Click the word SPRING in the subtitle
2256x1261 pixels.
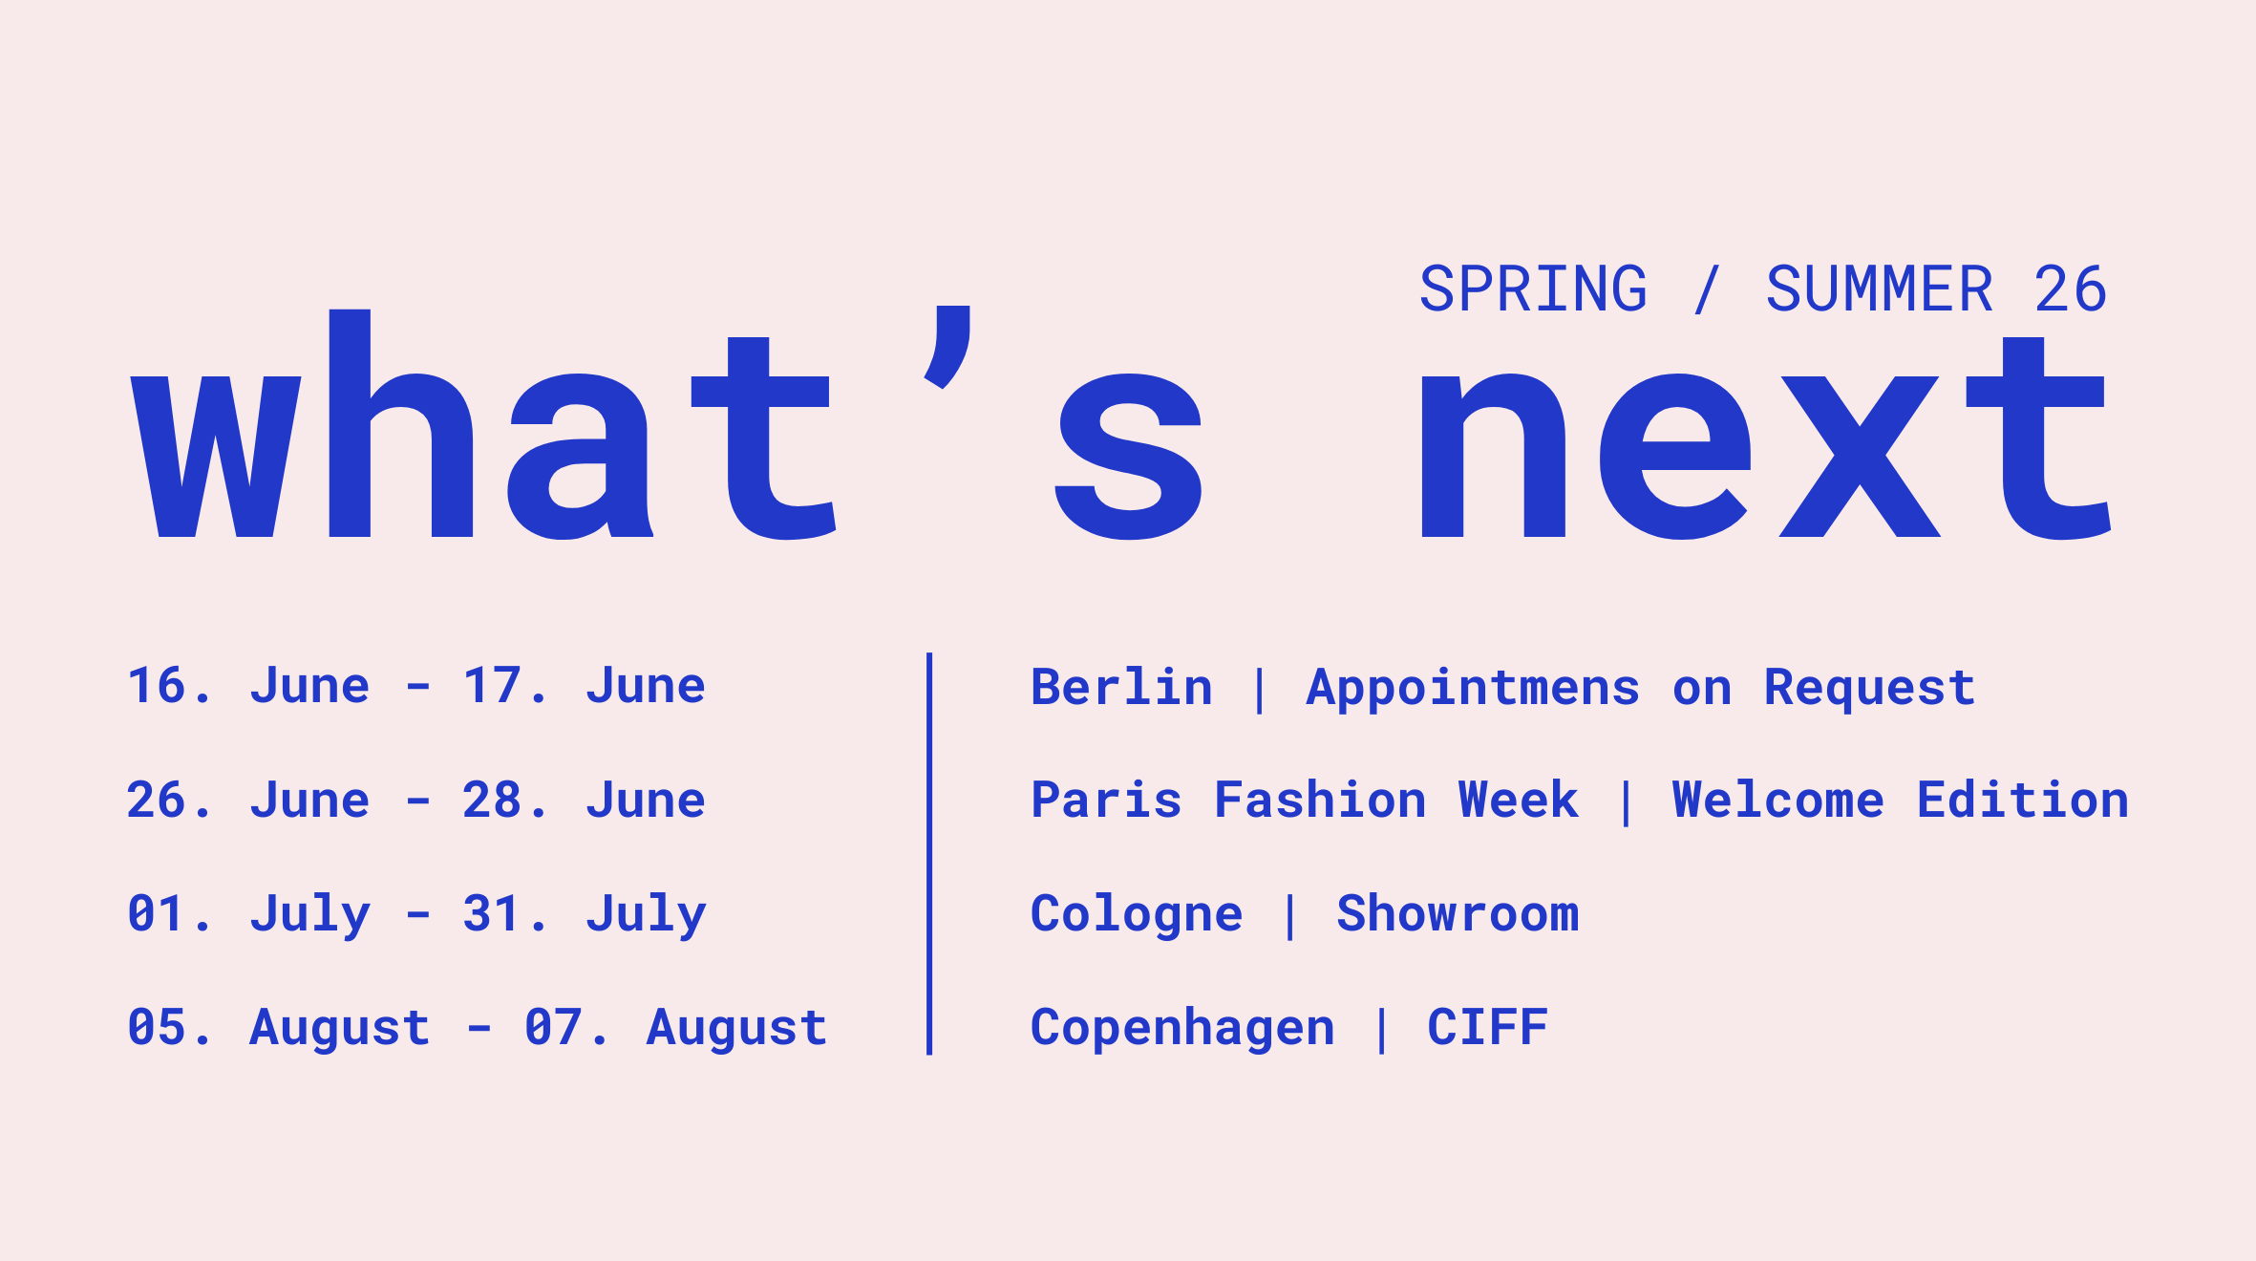(1533, 289)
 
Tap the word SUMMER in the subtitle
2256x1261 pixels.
(1879, 289)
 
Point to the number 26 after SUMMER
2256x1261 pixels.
(2070, 289)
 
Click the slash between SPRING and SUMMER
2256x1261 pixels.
(1707, 289)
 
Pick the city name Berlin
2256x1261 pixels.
(1121, 687)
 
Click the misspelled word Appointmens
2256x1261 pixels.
(1473, 687)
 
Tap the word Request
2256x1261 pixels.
(1869, 687)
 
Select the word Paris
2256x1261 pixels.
(1106, 800)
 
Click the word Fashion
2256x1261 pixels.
(1320, 800)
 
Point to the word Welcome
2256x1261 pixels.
(1778, 800)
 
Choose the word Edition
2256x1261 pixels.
(2023, 800)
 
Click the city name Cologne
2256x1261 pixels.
(1137, 914)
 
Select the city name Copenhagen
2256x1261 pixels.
(1182, 1028)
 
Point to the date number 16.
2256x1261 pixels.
(157, 686)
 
